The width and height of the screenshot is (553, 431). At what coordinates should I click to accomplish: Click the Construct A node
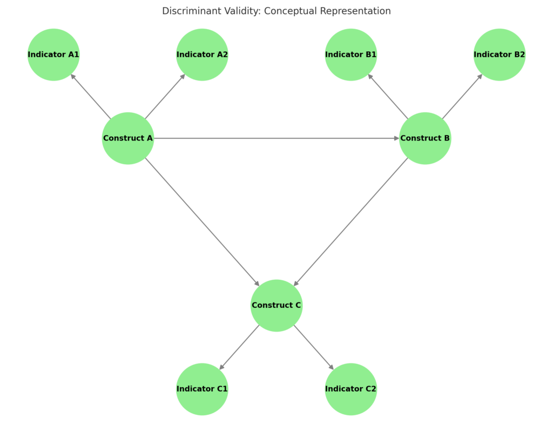click(x=128, y=138)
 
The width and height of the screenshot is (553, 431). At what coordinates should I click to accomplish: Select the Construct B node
click(x=425, y=138)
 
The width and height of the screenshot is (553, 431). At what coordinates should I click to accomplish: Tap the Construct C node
click(x=276, y=306)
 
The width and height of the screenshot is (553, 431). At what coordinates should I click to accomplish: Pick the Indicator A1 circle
click(x=53, y=55)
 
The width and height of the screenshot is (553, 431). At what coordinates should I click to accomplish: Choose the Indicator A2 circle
click(x=202, y=55)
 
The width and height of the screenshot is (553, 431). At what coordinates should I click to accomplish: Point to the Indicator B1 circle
click(x=351, y=55)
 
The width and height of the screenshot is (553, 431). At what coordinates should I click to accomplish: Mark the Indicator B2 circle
click(x=500, y=55)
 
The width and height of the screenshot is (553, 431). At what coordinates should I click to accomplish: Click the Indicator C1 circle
click(x=202, y=389)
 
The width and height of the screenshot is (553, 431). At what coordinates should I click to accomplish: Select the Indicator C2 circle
click(x=351, y=389)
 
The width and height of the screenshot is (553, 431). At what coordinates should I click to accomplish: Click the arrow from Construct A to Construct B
click(x=276, y=138)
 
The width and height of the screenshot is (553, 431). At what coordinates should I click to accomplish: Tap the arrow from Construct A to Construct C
click(x=202, y=222)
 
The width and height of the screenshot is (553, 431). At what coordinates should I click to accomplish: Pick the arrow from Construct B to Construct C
click(x=351, y=222)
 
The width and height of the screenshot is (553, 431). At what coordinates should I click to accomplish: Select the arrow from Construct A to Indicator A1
click(x=91, y=96)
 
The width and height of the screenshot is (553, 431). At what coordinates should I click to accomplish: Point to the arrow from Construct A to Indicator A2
click(x=165, y=96)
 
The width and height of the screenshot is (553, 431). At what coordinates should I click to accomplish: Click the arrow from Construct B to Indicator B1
click(x=388, y=96)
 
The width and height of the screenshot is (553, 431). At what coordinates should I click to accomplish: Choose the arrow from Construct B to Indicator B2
click(x=462, y=96)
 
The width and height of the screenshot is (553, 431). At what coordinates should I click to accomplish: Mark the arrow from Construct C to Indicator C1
click(x=239, y=347)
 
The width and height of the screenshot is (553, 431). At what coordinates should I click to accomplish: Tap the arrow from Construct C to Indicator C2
click(x=314, y=347)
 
